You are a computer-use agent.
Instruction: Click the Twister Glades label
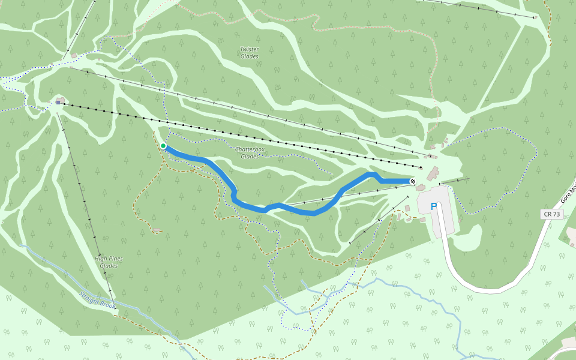pos(249,53)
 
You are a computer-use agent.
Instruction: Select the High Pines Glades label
pos(109,262)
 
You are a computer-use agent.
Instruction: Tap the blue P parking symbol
pos(434,206)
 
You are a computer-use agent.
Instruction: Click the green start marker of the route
pos(163,146)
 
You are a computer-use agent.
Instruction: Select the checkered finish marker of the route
pos(413,181)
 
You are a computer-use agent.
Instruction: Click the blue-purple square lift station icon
pos(58,103)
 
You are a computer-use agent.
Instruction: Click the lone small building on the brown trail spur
pos(157,230)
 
